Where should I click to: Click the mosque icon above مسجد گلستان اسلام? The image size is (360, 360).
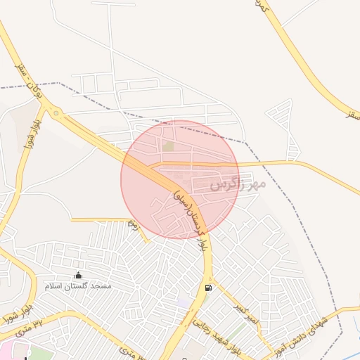(x=77, y=275)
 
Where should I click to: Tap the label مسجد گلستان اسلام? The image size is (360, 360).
(x=79, y=286)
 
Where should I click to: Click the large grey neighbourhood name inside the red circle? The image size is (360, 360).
(x=238, y=185)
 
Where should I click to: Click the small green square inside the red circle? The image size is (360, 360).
(x=168, y=146)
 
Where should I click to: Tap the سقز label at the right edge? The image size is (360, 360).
(x=352, y=113)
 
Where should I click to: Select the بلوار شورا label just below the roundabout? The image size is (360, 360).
(x=36, y=134)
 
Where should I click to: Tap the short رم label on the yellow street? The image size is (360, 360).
(x=133, y=223)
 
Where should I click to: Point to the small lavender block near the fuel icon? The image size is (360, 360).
(x=184, y=302)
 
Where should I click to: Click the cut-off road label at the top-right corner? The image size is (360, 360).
(x=262, y=7)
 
